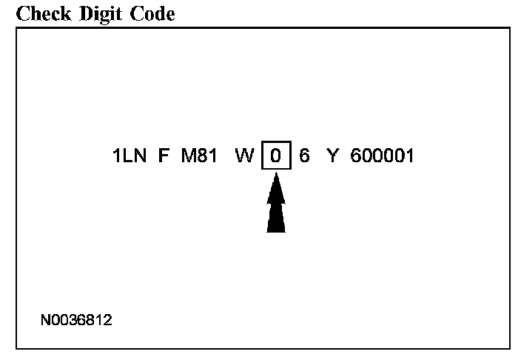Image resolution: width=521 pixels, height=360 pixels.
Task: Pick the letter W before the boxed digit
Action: (x=243, y=156)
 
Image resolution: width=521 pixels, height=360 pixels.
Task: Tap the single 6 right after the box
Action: (x=304, y=156)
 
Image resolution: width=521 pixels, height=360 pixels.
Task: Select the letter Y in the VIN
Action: (x=332, y=156)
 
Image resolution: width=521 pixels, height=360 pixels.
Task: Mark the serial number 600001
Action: (x=382, y=156)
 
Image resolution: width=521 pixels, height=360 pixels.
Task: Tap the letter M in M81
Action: (x=187, y=156)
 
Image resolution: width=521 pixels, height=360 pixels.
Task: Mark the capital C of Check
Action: (x=22, y=14)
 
